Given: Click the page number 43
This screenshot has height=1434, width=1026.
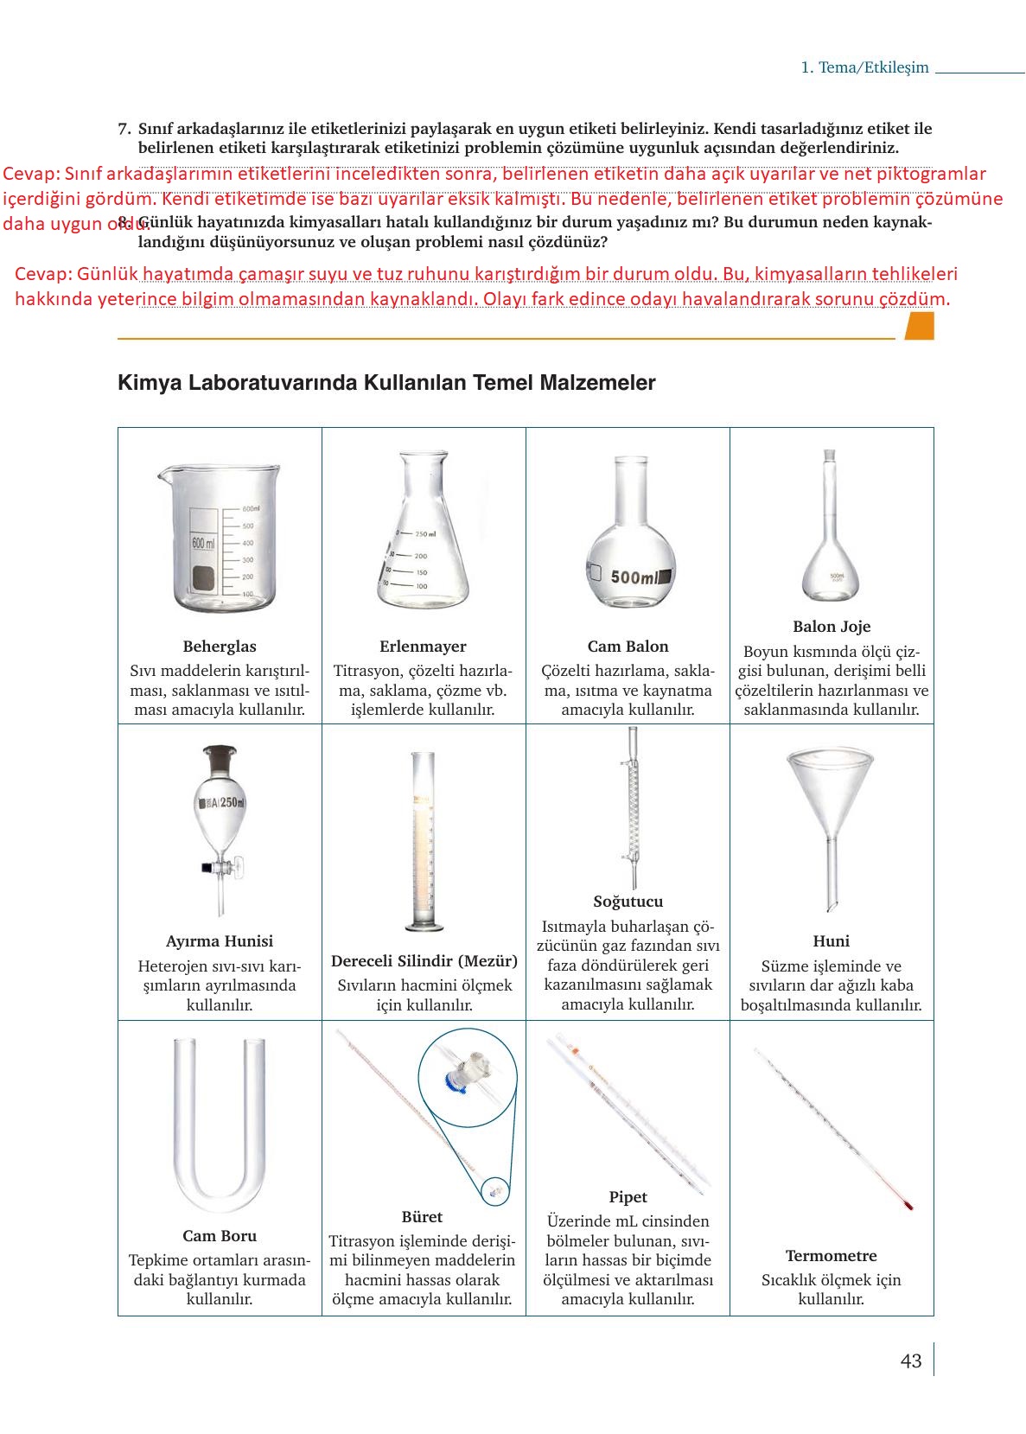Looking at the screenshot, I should coord(910,1361).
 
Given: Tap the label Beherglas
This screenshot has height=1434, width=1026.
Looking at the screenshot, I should coord(220,646).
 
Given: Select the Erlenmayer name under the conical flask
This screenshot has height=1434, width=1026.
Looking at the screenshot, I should coord(423,646).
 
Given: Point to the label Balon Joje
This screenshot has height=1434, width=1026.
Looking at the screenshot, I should coord(832,626).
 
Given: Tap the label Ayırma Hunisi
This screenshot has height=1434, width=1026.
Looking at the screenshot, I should coord(220,940).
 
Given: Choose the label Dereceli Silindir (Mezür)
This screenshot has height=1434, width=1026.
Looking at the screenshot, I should coord(424,960).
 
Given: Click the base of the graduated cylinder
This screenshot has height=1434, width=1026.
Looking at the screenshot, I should coord(424,927).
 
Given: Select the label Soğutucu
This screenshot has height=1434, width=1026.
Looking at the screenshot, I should coord(628,901).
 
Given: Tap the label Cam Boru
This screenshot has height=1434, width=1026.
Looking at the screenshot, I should coord(220,1235).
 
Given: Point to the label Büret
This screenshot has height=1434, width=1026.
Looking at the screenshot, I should coord(422,1216).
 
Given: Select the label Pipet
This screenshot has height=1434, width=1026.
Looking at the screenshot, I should coord(628,1196).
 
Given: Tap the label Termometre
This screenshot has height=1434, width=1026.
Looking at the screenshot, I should coord(831,1255).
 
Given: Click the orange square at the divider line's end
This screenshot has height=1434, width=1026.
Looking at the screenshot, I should coord(919,327).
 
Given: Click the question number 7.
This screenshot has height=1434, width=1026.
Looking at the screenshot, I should coord(124,129).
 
